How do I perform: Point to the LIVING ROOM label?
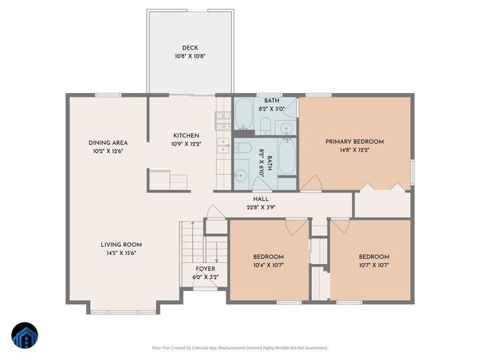(121, 244)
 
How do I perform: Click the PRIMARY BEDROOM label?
(354, 142)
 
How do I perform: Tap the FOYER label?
(205, 268)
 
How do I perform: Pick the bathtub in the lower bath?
(286, 157)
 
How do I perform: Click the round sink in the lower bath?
(240, 176)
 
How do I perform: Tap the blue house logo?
(23, 335)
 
